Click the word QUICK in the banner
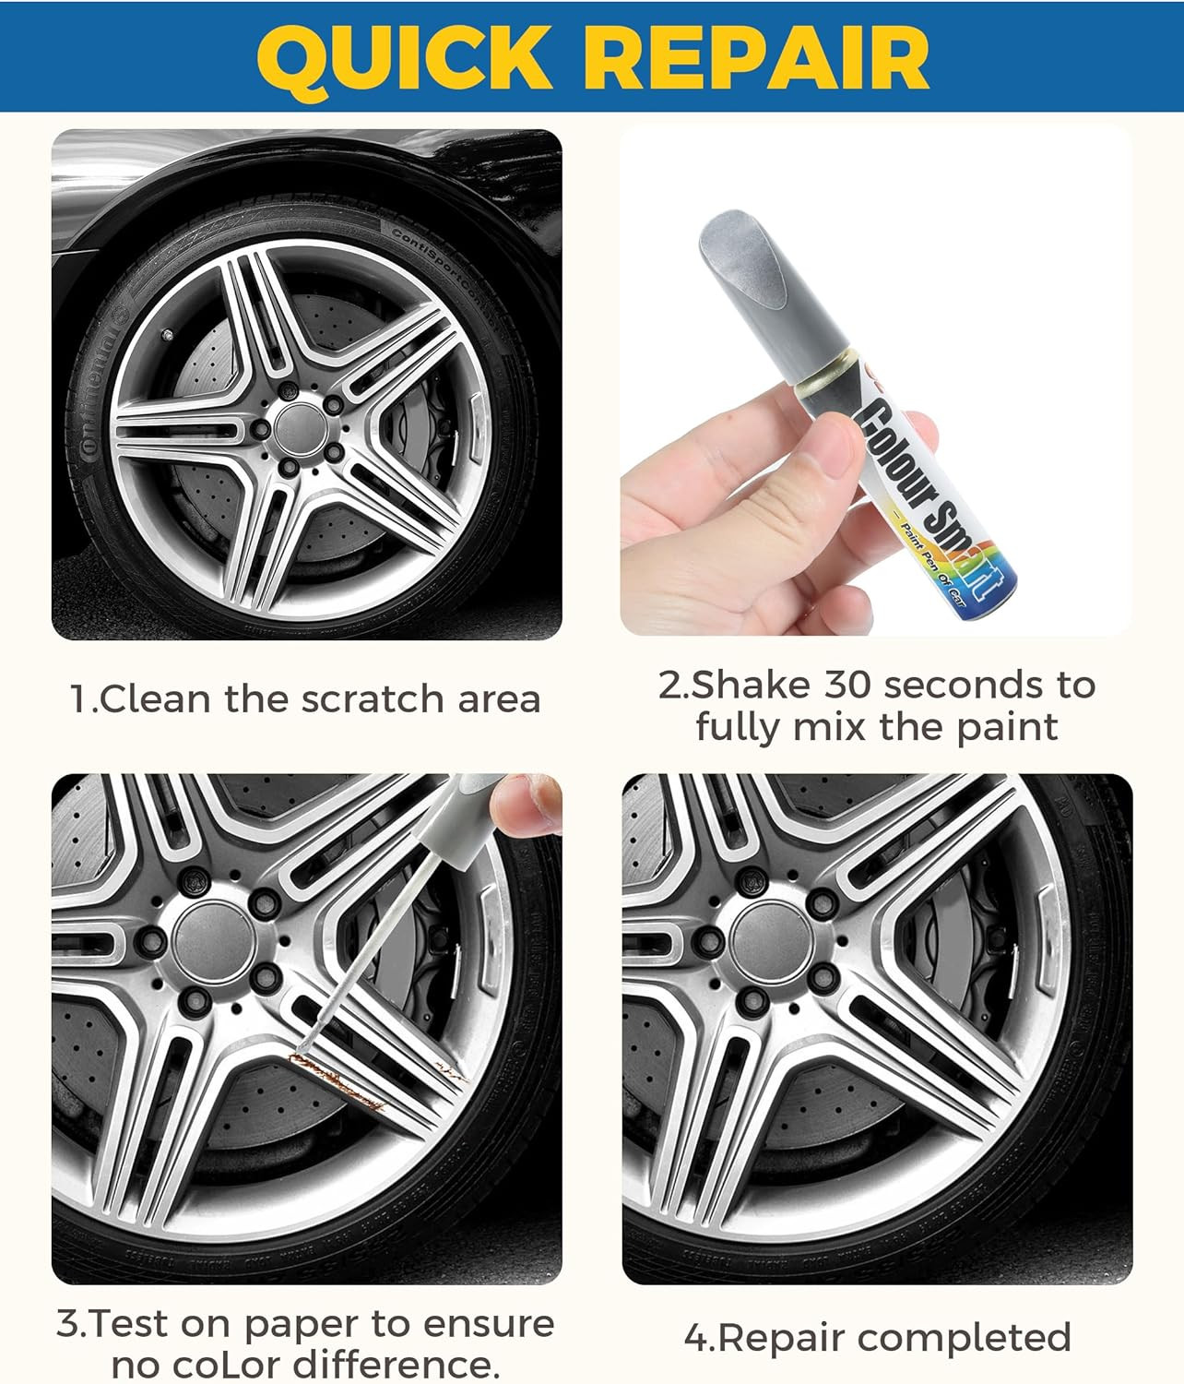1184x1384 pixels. pyautogui.click(x=404, y=57)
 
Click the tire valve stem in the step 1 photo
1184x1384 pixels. pyautogui.click(x=167, y=333)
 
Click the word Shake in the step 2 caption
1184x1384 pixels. pyautogui.click(x=751, y=685)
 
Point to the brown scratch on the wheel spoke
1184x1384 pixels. pyautogui.click(x=341, y=1080)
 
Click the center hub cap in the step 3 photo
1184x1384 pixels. pyautogui.click(x=214, y=943)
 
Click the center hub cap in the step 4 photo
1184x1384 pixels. pyautogui.click(x=772, y=943)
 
